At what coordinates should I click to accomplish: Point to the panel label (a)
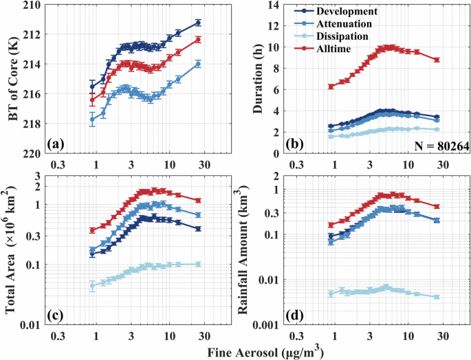coord(56,144)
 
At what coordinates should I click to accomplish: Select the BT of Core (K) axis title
coord(14,80)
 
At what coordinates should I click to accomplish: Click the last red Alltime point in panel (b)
coord(437,60)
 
